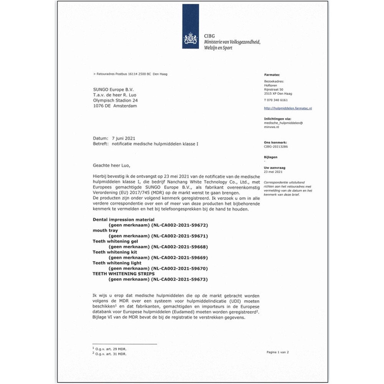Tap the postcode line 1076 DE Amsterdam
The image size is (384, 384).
115,106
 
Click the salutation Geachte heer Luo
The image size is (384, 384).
112,166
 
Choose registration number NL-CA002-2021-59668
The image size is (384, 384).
180,247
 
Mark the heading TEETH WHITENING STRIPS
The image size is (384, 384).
124,274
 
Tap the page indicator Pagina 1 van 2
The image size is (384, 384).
277,352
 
